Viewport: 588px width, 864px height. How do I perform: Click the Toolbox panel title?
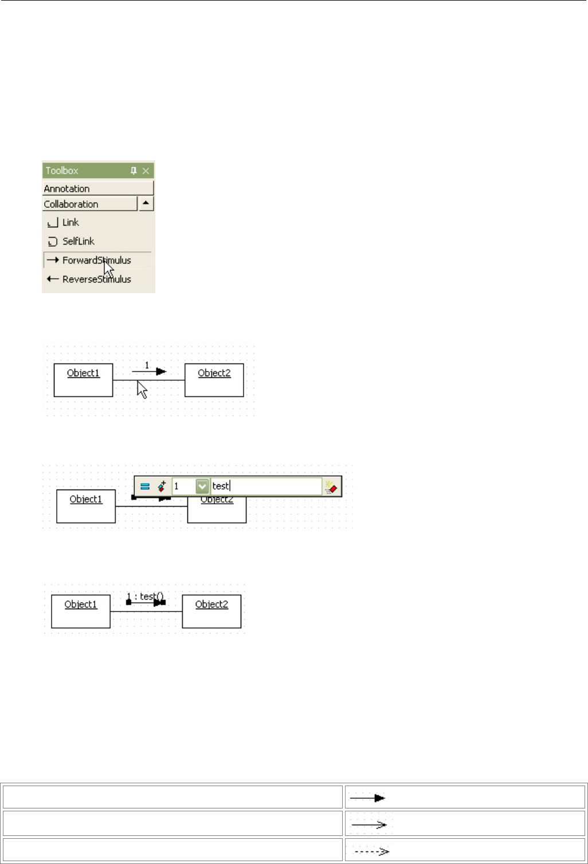click(x=62, y=171)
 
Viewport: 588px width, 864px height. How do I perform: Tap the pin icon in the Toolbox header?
click(x=134, y=171)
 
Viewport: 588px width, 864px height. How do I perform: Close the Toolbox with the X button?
click(x=146, y=171)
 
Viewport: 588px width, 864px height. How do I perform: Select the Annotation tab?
click(x=97, y=188)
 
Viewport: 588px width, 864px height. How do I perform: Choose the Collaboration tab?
click(x=89, y=204)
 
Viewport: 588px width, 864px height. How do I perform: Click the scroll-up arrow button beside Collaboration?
click(x=146, y=203)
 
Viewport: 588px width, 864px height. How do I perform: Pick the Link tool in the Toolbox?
click(x=70, y=222)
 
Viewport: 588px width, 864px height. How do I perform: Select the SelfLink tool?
click(x=78, y=241)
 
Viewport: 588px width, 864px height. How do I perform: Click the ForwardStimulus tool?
click(x=96, y=260)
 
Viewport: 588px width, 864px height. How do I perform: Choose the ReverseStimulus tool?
click(x=96, y=279)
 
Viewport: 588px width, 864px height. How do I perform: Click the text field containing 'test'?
click(x=266, y=486)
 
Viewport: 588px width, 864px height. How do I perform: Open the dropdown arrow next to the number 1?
click(x=202, y=486)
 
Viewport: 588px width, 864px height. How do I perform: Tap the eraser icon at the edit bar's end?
click(x=331, y=487)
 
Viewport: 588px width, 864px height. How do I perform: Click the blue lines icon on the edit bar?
click(x=145, y=486)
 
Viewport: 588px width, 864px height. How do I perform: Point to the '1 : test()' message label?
click(x=145, y=597)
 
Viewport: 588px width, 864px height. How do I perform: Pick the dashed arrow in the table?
click(x=371, y=851)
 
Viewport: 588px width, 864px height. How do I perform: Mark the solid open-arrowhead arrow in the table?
click(x=369, y=824)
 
